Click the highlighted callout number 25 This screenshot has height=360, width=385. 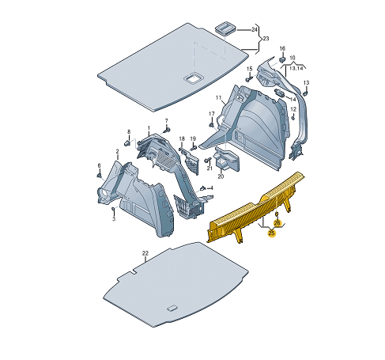(x=271, y=233)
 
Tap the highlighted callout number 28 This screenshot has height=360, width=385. (x=277, y=223)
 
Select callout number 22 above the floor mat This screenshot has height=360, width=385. (x=145, y=253)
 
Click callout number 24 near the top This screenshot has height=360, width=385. (x=254, y=30)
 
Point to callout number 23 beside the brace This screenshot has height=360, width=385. (x=266, y=39)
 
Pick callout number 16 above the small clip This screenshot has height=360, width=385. (x=282, y=48)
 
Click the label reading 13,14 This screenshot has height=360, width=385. (x=296, y=68)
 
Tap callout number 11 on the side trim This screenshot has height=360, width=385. (x=218, y=98)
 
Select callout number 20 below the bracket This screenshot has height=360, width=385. (x=221, y=176)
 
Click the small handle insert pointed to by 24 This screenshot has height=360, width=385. (x=225, y=28)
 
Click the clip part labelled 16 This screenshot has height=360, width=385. (x=282, y=59)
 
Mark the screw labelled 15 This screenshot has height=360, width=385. (x=249, y=78)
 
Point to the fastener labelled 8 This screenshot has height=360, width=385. (x=127, y=143)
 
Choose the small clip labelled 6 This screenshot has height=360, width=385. (x=100, y=176)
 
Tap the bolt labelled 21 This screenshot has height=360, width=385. (x=208, y=160)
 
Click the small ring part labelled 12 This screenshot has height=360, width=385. (x=293, y=118)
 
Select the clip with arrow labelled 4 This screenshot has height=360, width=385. (x=202, y=188)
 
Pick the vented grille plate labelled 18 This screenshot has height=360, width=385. (x=191, y=163)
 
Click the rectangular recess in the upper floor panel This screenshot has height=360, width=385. (x=194, y=78)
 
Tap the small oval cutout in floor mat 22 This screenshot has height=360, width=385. (x=172, y=308)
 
